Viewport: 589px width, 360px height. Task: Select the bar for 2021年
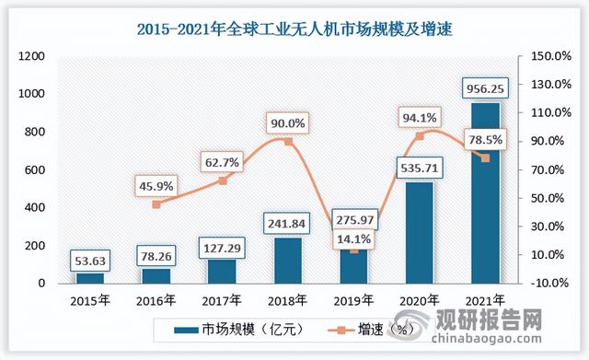tap(485, 193)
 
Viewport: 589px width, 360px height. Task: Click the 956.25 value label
tap(485, 88)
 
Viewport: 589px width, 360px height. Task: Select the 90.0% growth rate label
tap(288, 122)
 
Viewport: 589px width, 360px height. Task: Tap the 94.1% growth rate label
tap(419, 117)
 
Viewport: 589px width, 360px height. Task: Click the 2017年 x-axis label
tap(223, 300)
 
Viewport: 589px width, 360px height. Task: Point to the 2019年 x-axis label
tap(354, 300)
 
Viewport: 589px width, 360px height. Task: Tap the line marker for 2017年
tap(223, 180)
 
